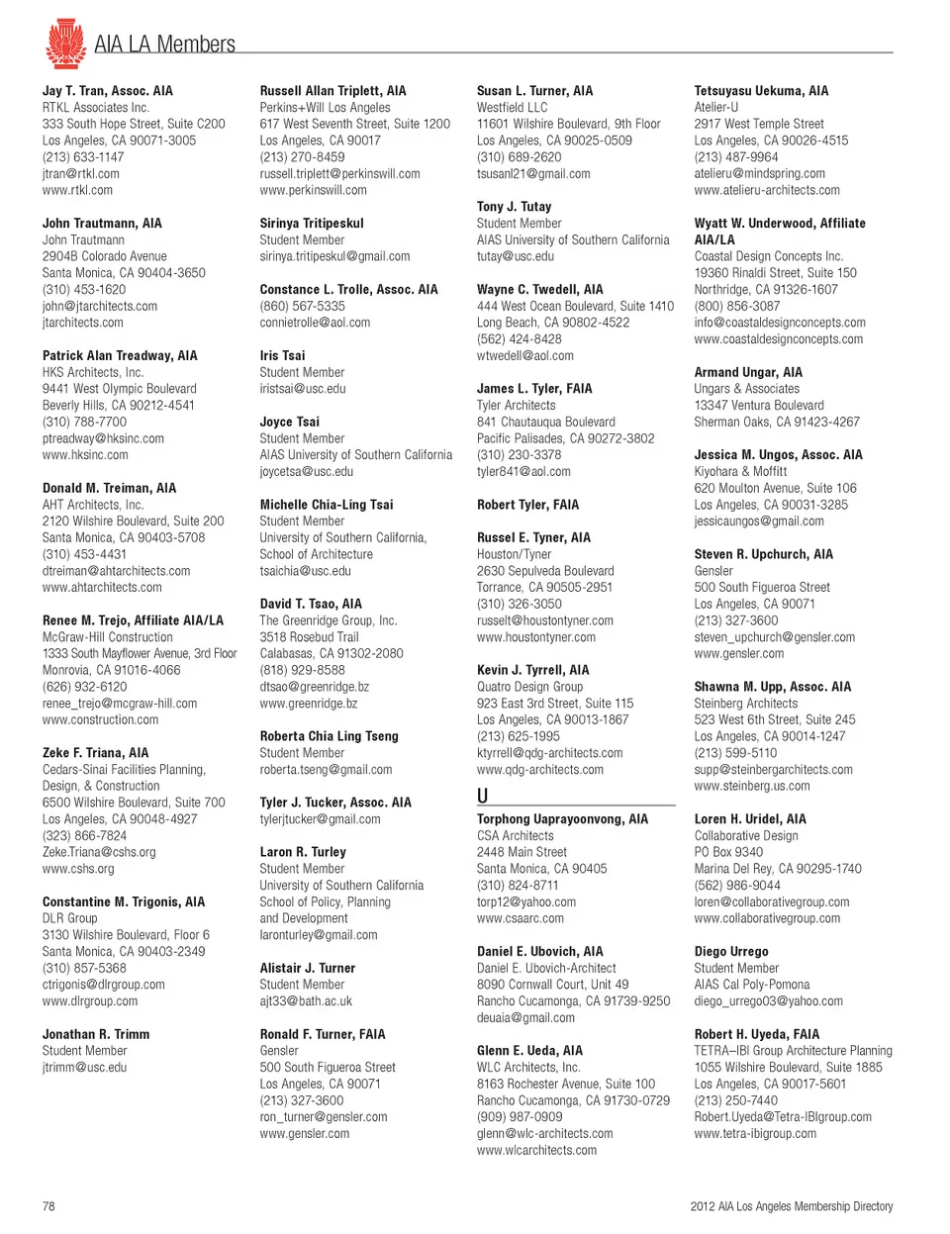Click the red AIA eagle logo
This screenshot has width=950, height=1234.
click(65, 43)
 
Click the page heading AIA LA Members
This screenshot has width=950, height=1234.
click(164, 45)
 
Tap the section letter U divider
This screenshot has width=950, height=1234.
click(482, 796)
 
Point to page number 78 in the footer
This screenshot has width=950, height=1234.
click(48, 1206)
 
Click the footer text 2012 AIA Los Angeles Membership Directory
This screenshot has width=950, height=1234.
click(791, 1206)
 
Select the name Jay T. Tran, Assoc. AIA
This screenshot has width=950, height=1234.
click(107, 91)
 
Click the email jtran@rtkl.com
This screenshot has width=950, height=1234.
click(80, 173)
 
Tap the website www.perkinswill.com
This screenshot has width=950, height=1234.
click(313, 190)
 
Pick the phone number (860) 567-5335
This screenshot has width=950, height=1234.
click(302, 306)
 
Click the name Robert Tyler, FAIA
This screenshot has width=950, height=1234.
click(527, 505)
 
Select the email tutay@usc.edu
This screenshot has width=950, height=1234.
click(515, 256)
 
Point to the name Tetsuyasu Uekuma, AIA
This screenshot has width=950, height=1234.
click(761, 91)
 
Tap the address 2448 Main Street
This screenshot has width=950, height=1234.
click(522, 852)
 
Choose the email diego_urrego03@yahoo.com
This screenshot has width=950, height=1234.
click(768, 1001)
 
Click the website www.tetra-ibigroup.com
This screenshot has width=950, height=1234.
click(755, 1134)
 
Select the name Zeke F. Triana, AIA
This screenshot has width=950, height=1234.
click(95, 753)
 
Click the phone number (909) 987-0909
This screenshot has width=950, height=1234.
click(520, 1117)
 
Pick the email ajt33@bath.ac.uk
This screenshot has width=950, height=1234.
click(306, 1001)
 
